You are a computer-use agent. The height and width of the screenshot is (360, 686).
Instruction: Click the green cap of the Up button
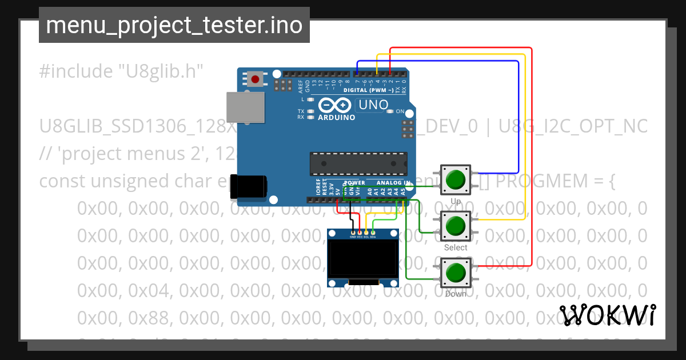456,179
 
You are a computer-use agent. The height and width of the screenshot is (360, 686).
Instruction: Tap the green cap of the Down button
456,272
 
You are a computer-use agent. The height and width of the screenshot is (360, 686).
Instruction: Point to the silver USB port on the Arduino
246,107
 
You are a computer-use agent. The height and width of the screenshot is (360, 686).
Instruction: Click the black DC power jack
249,187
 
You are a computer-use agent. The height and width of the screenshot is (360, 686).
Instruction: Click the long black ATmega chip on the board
358,163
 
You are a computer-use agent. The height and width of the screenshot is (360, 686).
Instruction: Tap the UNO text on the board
372,105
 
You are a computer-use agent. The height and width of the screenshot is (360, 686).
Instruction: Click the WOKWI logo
607,315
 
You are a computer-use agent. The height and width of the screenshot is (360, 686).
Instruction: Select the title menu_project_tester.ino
174,25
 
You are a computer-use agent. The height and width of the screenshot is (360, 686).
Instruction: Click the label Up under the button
456,202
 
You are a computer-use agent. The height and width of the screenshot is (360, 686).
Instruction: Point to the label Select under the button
456,247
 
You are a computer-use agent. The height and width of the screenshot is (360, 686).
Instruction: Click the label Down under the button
456,294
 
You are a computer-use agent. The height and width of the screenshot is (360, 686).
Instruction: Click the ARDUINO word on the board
335,118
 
